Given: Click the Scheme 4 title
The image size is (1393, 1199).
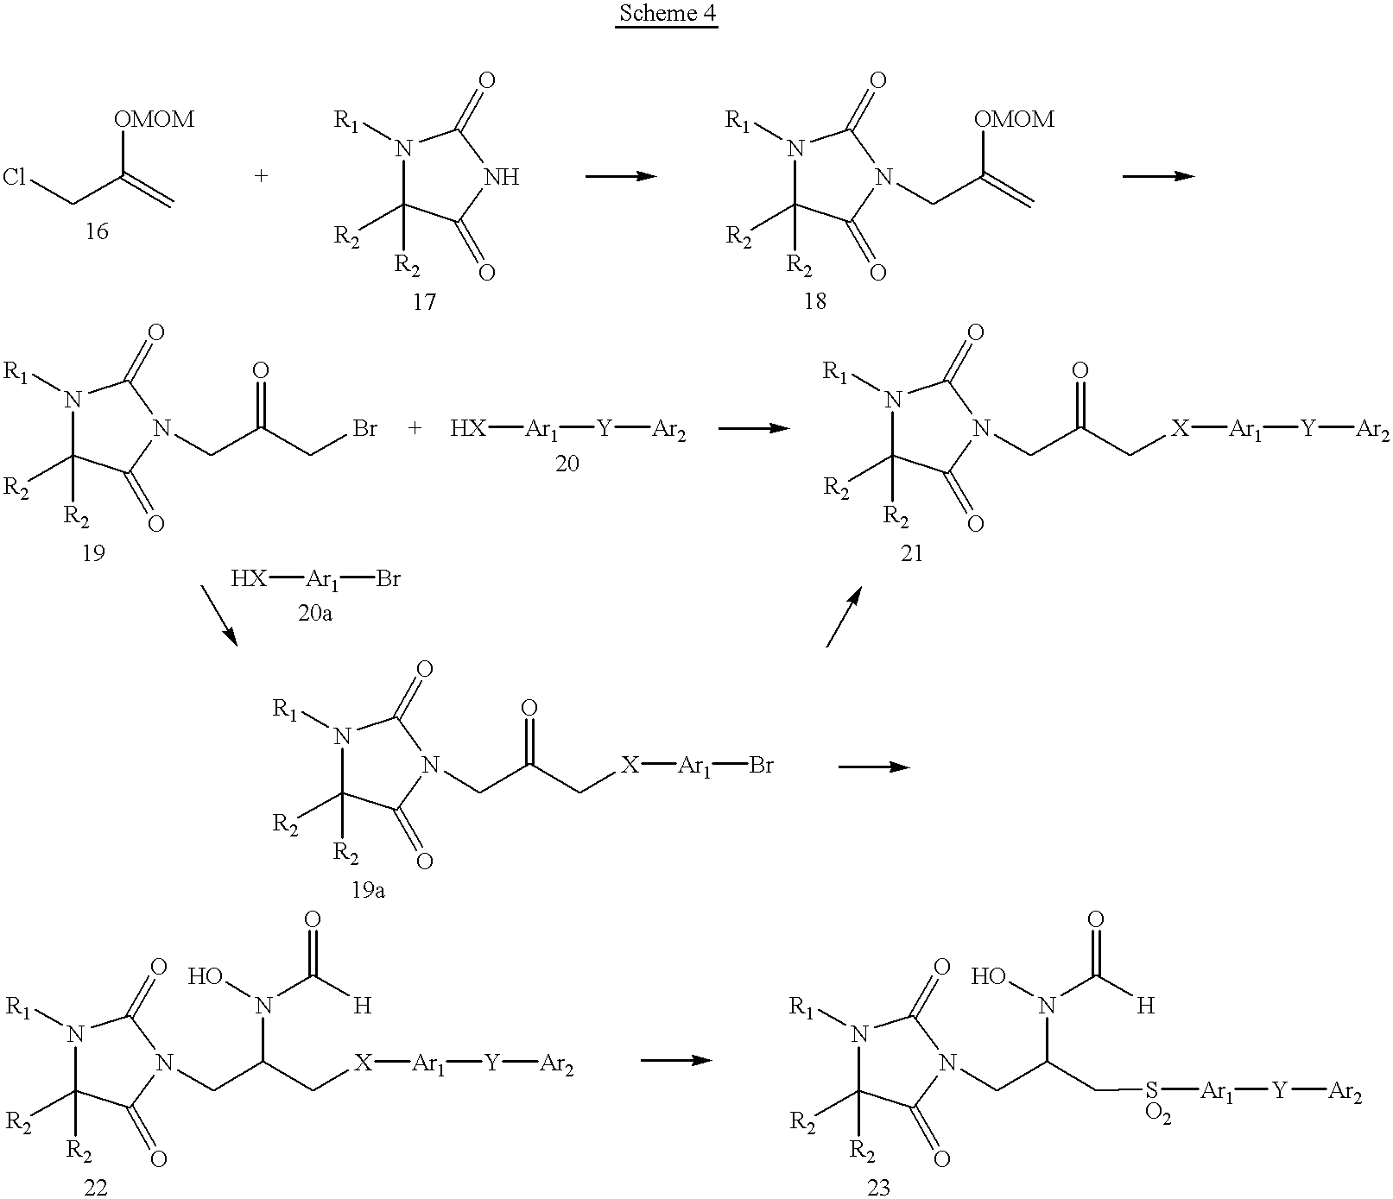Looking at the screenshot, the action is pos(666,15).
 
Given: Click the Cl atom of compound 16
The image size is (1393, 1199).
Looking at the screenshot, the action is pos(16,178).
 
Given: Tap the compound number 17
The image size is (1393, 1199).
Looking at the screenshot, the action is pos(424,302).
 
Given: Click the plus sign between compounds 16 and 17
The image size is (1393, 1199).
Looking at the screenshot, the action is pos(261,177).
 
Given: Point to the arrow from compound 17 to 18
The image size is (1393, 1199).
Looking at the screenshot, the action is pos(621,176).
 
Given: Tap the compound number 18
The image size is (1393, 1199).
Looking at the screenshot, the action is pos(814,301).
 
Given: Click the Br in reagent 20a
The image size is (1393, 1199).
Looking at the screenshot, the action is pos(388,579).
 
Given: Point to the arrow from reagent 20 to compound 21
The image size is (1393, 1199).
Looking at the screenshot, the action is pos(755,427).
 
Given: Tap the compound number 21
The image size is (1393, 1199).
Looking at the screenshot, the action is pos(912,554).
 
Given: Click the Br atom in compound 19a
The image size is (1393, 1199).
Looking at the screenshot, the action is pos(762,765).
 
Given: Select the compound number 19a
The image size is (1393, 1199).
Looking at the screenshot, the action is pos(369,890).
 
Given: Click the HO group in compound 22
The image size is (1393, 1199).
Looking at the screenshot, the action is pos(206,977).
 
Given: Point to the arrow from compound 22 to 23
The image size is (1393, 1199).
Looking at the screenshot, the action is pos(677,1059).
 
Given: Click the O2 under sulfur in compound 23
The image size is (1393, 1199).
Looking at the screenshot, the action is pos(1158,1114).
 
